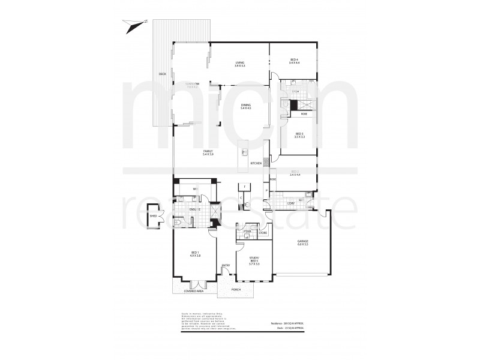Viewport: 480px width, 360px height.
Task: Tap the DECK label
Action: [162, 74]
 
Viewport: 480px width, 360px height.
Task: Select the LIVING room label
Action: [239, 62]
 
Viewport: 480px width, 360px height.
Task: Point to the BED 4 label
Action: [294, 59]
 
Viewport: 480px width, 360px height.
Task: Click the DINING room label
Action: [245, 106]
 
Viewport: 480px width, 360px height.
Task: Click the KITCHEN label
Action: [256, 163]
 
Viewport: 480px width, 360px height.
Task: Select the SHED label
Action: [153, 215]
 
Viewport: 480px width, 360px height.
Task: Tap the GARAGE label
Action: [302, 242]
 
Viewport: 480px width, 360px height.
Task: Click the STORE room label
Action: [262, 232]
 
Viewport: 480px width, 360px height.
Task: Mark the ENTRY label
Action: [226, 266]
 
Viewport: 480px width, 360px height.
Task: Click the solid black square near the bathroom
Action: [294, 104]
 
